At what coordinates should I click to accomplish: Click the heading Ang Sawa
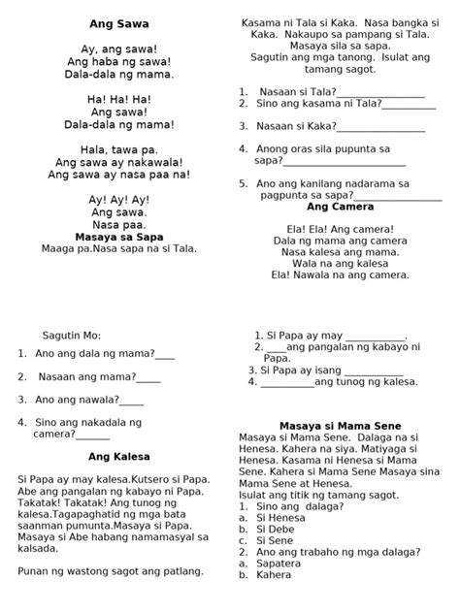pos(119,22)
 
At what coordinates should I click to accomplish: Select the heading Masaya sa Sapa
pos(119,236)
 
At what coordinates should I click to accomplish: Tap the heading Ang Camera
pos(340,208)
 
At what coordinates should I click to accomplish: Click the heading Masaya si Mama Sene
pos(340,426)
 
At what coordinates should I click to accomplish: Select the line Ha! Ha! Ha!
pos(119,99)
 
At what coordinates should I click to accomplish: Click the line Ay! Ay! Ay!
pos(119,199)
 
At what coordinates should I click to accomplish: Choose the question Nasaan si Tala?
pos(297,91)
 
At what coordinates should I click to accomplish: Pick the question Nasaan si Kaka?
pos(297,126)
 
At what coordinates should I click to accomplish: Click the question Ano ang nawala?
pos(76,399)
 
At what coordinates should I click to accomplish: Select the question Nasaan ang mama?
pos(85,376)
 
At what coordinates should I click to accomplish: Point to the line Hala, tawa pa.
pos(119,149)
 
